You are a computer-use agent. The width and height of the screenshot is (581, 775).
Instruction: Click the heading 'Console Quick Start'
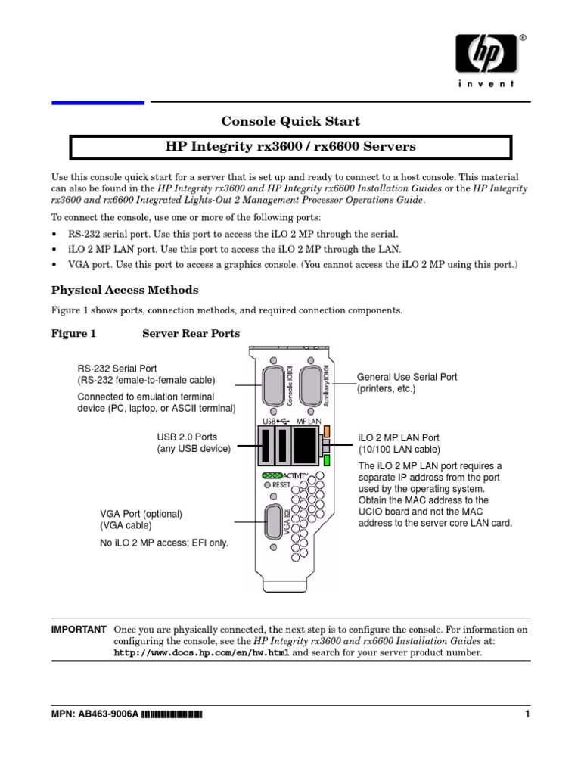[x=290, y=121]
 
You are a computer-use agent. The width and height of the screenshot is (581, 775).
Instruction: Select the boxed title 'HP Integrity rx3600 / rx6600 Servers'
[x=290, y=146]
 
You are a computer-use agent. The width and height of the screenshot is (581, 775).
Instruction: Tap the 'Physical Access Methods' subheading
[x=125, y=290]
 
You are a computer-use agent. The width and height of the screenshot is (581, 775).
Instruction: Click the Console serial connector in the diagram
[x=273, y=387]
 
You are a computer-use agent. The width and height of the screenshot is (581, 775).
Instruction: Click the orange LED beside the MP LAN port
[x=327, y=431]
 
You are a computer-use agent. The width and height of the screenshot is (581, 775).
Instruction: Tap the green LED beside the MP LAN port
[x=327, y=459]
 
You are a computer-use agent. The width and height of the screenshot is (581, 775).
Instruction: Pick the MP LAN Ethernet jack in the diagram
[x=305, y=445]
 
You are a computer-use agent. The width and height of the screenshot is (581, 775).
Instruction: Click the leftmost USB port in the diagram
[x=266, y=445]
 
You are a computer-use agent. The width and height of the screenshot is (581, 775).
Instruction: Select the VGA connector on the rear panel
[x=273, y=521]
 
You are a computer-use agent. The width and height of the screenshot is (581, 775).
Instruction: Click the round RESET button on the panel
[x=266, y=484]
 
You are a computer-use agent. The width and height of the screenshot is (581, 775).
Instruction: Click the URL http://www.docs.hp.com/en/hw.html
[x=201, y=652]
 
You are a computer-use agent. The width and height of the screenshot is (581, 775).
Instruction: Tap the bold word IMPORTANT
[x=78, y=630]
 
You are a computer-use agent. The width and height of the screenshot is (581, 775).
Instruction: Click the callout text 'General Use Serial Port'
[x=406, y=377]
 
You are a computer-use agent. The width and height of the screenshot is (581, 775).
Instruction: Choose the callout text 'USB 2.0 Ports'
[x=187, y=437]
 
